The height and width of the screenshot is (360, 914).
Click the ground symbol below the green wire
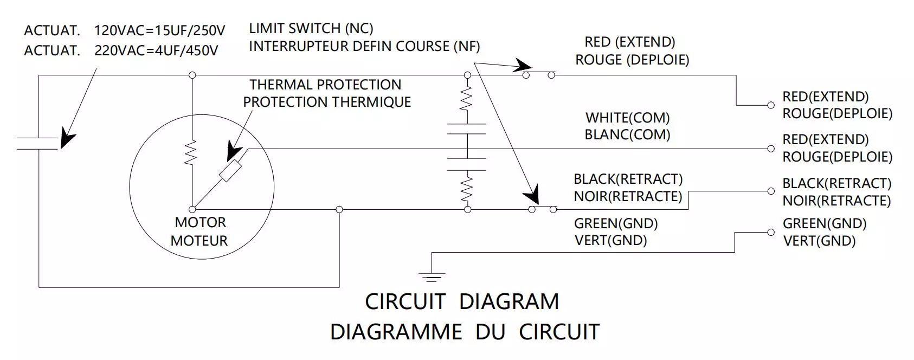click(432, 277)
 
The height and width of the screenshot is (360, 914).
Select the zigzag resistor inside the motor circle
click(191, 152)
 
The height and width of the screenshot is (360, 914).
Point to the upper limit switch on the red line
click(538, 75)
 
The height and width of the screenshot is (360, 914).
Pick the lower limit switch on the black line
click(542, 209)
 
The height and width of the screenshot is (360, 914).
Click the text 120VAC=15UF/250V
click(159, 30)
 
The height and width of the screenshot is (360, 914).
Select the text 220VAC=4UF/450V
click(156, 51)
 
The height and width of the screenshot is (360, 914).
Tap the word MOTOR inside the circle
click(200, 222)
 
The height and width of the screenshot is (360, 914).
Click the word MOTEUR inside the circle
click(199, 241)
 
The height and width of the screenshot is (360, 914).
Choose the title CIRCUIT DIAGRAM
click(461, 302)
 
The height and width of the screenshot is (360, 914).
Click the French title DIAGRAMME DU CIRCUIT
click(465, 332)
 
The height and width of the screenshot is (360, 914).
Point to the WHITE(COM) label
click(627, 118)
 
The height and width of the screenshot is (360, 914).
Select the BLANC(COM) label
click(627, 135)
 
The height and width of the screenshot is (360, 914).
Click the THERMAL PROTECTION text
click(325, 85)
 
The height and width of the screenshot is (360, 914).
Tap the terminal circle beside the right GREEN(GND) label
click(771, 233)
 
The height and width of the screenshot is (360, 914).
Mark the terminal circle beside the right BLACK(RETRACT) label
click(771, 191)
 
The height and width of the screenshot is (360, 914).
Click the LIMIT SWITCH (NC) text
click(311, 28)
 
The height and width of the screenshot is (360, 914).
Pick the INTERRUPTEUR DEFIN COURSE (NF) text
click(364, 46)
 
